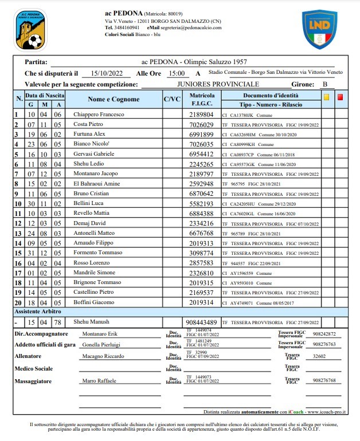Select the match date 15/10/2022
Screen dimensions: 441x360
point(107,73)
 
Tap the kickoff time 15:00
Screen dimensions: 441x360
point(176,73)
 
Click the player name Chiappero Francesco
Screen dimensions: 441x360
point(99,115)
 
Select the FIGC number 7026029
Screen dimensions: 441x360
point(201,124)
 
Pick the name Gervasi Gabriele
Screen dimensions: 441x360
point(94,154)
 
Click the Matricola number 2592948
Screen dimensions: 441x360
point(201,184)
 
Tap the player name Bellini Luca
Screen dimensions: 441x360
point(88,203)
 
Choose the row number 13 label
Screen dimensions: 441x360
point(17,233)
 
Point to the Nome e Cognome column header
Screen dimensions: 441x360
point(114,100)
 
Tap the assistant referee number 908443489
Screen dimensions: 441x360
point(201,322)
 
